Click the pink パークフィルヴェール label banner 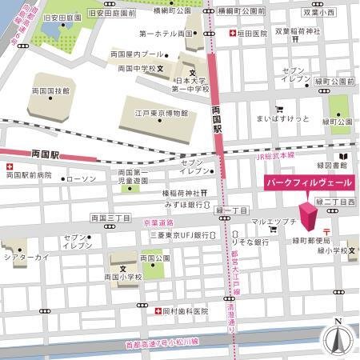point(309,183)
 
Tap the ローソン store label point(80,178)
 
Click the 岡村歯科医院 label point(185,310)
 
